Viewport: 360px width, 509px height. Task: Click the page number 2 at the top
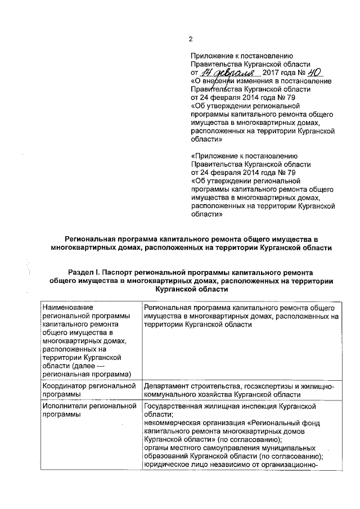190,39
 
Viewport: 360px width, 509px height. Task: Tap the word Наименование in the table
67,308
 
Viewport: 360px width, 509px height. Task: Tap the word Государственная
174,406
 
